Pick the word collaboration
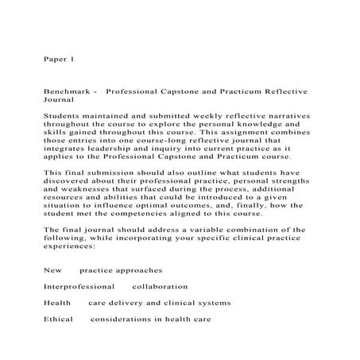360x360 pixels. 160,286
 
